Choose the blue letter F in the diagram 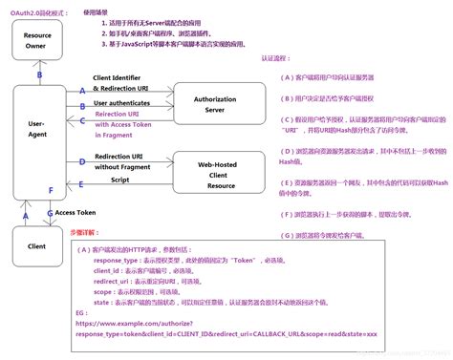[51, 191]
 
